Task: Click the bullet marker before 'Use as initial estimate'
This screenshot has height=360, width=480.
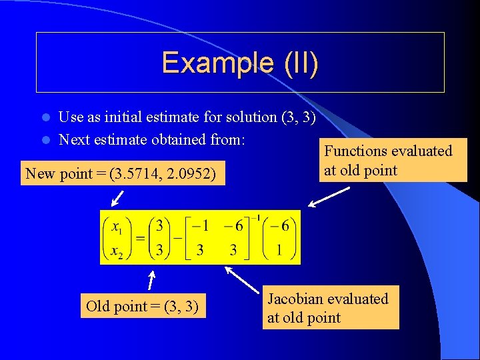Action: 46,117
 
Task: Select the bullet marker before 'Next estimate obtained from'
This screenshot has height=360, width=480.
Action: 46,140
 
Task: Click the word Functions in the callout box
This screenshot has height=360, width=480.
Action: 357,151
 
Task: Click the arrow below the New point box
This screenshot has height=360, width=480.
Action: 118,197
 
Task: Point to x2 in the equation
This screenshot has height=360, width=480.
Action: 117,252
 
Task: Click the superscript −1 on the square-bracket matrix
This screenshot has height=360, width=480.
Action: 254,218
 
